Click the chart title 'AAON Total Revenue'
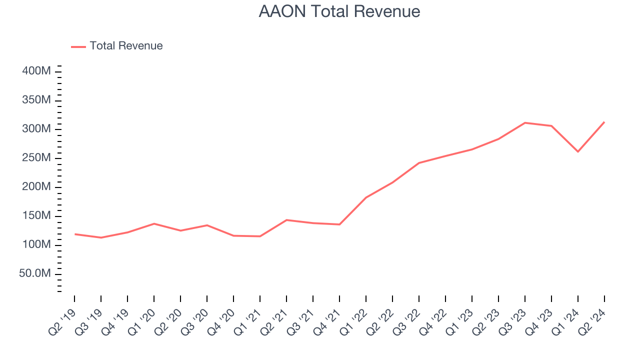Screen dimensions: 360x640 tap(339, 11)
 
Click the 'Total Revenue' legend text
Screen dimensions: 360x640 tap(126, 46)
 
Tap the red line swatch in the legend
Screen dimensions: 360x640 tap(78, 46)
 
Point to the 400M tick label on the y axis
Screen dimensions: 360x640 tap(36, 71)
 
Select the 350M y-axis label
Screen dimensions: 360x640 tap(36, 100)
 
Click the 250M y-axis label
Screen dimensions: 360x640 tap(36, 158)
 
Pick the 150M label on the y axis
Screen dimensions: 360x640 tap(36, 216)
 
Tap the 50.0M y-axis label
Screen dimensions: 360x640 tap(35, 274)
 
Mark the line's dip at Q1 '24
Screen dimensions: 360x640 tap(578, 151)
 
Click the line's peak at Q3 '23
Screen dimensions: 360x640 tap(525, 122)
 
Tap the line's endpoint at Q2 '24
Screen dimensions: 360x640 tap(604, 122)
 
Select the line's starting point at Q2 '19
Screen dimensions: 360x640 tap(75, 234)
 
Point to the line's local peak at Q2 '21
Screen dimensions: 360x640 tap(286, 220)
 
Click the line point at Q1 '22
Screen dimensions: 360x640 tap(366, 197)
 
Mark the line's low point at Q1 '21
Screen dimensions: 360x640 tap(260, 236)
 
